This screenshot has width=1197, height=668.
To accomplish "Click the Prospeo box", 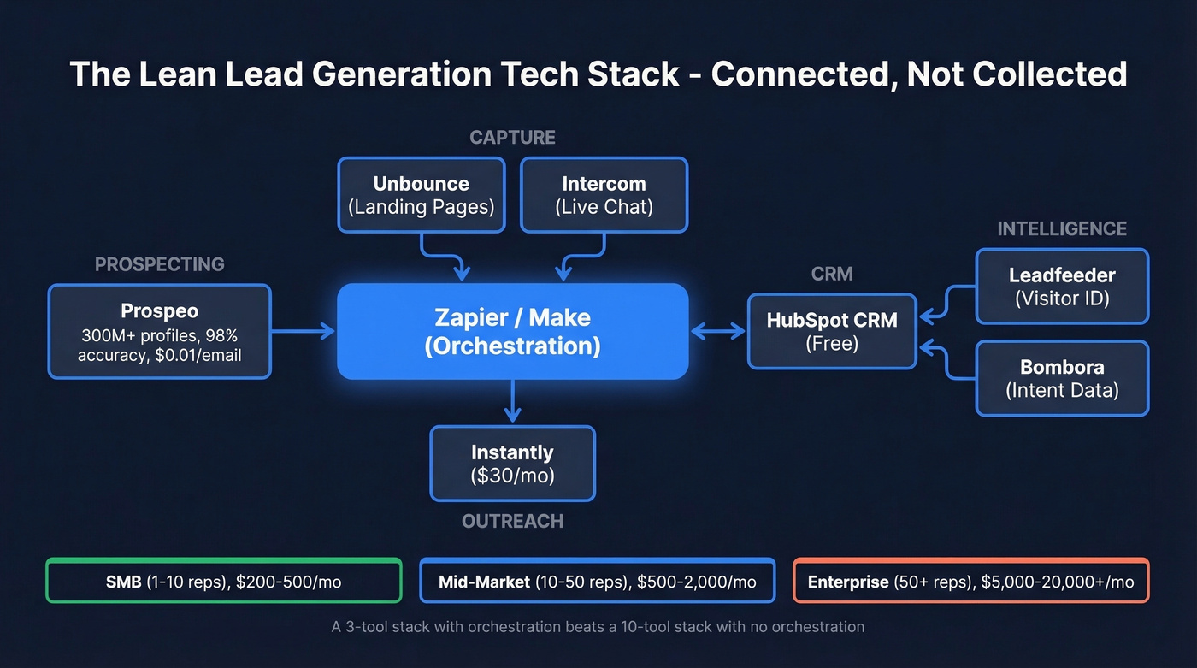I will coord(160,332).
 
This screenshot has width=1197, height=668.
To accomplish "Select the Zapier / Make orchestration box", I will coord(512,332).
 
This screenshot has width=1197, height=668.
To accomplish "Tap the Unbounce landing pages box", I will coord(422,195).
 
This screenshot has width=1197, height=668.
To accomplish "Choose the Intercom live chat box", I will coord(604,195).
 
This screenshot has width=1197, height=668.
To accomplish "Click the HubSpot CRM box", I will coord(832,332).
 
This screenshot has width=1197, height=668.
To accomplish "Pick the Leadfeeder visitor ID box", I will coord(1062,287).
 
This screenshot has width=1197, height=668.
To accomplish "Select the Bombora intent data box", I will coord(1062,379).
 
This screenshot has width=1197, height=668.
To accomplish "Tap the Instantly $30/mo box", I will coord(512,464).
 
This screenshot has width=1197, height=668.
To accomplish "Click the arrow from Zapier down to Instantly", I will coord(512,401).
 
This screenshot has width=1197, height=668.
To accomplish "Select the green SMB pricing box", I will coord(223,582).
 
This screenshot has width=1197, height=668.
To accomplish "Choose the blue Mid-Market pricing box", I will coord(597,582).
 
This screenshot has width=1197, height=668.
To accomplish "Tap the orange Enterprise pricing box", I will coord(970,582).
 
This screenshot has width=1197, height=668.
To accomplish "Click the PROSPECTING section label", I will coord(160,264).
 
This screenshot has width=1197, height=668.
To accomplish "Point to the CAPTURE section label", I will coord(512,138).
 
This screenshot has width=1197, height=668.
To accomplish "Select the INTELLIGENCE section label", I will coord(1062,228).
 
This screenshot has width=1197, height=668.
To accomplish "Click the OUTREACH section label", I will coord(512,521).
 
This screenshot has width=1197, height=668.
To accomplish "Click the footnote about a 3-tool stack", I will coord(598,627).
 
